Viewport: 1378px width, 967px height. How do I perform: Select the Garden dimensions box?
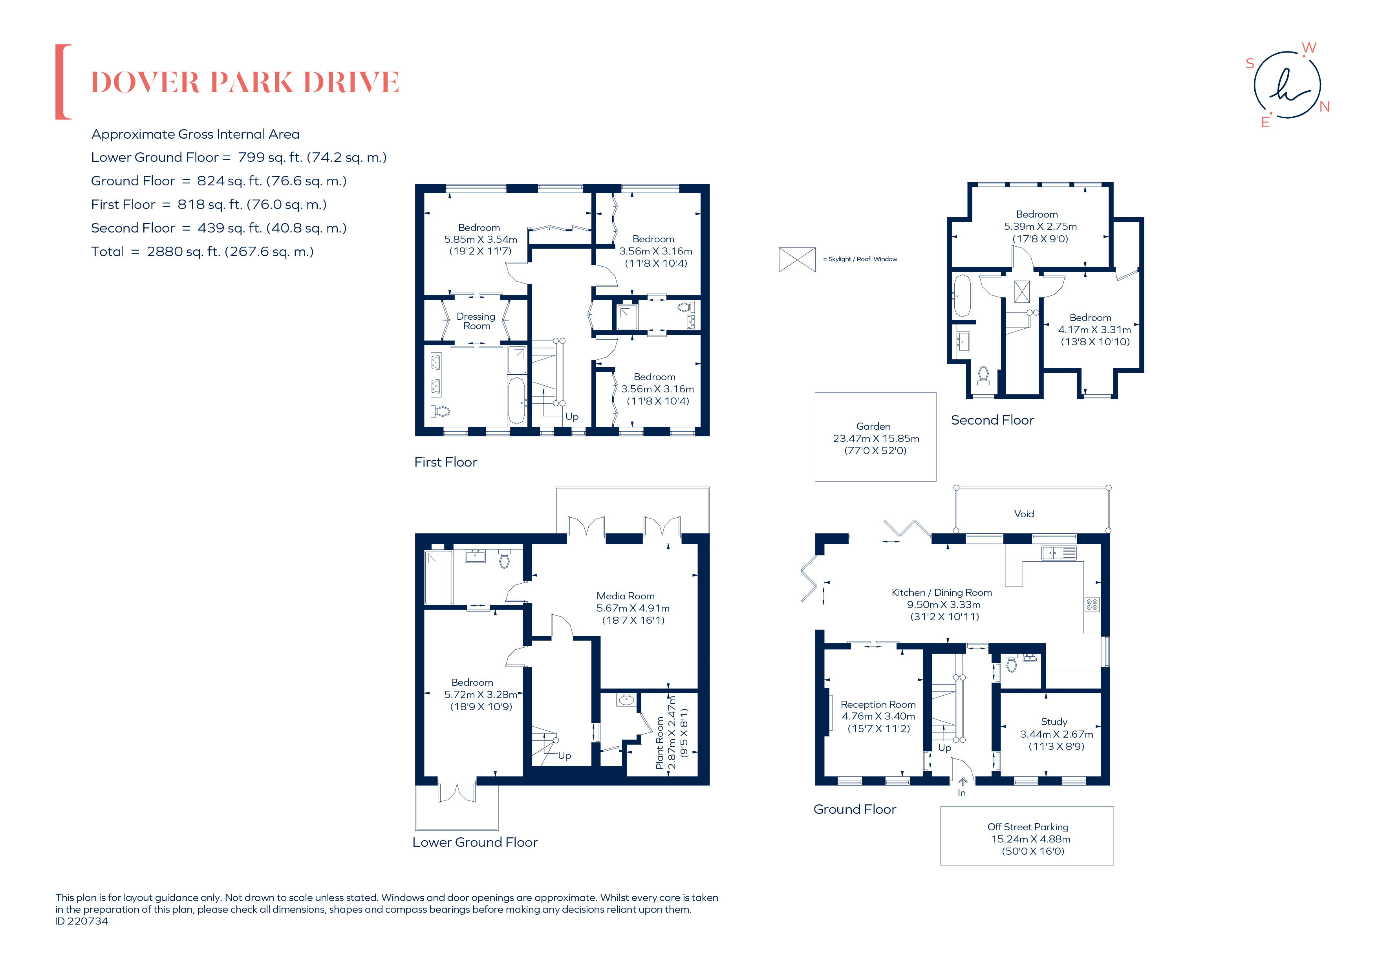pos(875,438)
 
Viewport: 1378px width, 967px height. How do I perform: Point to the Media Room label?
pos(625,596)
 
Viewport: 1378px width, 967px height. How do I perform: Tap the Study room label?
pos(1054,722)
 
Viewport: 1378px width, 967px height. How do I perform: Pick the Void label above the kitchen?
pos(1024,514)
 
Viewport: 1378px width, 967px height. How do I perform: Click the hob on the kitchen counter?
pos(1092,604)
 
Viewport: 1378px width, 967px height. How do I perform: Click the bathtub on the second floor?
pos(962,296)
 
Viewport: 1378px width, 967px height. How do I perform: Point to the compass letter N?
pos(1325,107)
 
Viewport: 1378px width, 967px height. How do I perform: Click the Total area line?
pos(202,251)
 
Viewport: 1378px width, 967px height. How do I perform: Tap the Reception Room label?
pos(878,704)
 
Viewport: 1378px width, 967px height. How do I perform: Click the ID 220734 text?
pos(82,921)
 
